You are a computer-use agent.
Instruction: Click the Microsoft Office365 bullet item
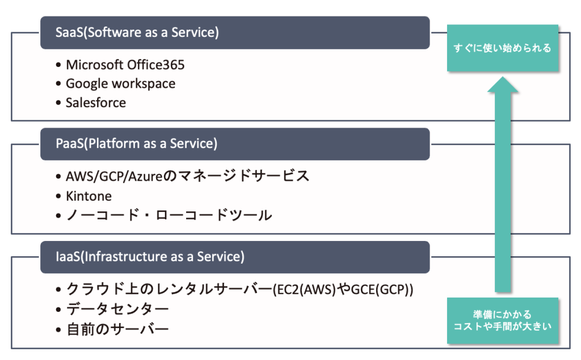125,65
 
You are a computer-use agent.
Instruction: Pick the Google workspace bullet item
120,84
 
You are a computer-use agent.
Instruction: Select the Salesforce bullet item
95,103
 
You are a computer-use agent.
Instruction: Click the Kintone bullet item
89,196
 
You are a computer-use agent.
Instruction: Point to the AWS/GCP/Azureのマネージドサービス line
187,176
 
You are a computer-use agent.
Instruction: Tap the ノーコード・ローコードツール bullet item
169,215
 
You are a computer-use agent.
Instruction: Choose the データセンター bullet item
117,309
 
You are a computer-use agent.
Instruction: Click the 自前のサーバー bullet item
117,329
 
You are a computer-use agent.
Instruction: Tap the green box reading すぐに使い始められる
502,48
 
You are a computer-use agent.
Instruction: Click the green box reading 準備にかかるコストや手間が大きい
502,321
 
